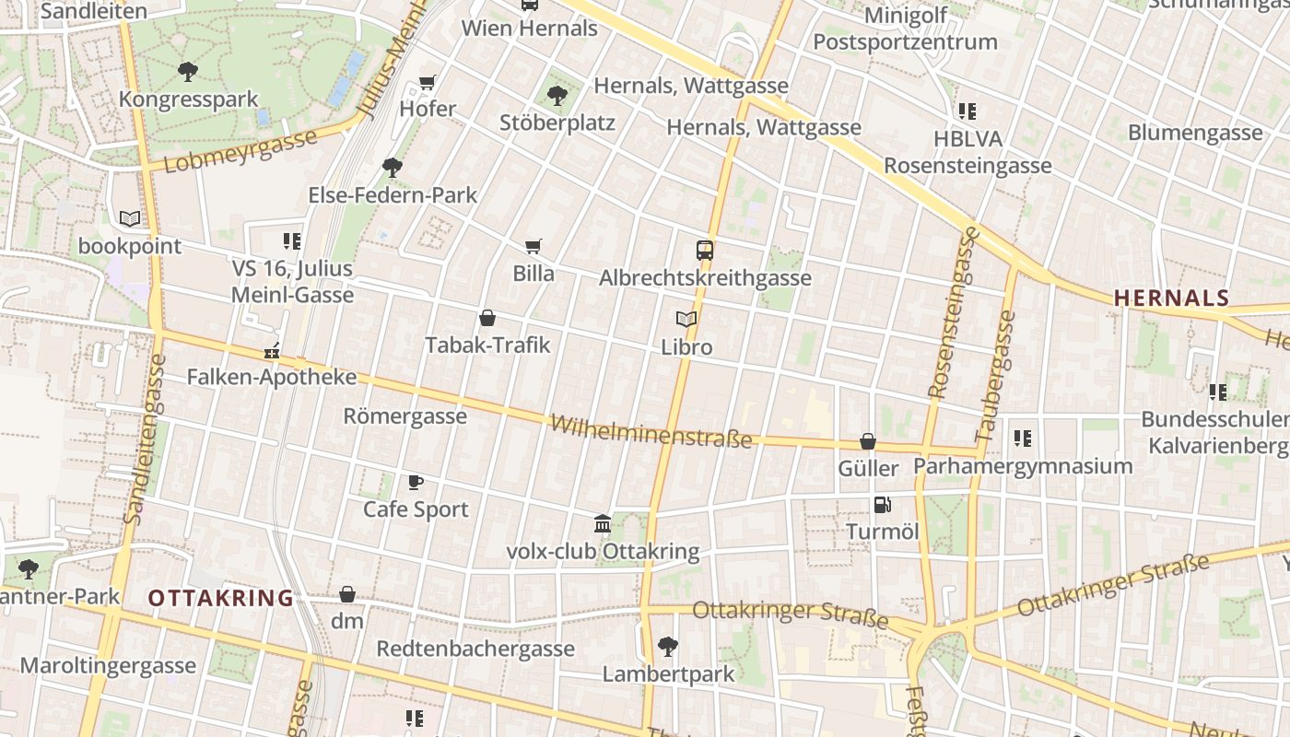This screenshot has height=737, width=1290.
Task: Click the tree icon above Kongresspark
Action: [x=187, y=71]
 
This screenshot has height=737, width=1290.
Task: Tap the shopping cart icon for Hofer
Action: [x=427, y=83]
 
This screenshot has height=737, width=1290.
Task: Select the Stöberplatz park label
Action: [x=557, y=123]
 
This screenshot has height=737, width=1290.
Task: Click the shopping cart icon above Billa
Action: [x=533, y=246]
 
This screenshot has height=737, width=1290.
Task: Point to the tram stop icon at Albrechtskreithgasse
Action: [x=705, y=250]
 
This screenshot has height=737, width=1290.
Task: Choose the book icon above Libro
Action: [x=686, y=320]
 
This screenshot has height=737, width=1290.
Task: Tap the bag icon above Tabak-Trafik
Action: [x=487, y=318]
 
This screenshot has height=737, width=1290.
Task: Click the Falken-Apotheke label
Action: [x=272, y=377]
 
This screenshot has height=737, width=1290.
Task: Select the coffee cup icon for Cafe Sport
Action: [x=416, y=482]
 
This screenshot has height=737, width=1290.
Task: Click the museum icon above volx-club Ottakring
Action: [x=603, y=524]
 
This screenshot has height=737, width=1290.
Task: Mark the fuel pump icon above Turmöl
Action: [x=882, y=504]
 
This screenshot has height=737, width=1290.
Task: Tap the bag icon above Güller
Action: [x=868, y=441]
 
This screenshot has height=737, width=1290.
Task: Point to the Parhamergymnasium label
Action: [x=1023, y=465]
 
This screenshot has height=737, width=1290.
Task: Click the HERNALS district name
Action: [x=1171, y=298]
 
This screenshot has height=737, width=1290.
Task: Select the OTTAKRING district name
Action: [x=221, y=598]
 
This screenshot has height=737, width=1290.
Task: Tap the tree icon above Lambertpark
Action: [x=668, y=646]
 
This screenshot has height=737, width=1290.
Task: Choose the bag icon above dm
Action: [x=347, y=594]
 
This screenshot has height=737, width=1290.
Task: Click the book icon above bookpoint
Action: [x=130, y=218]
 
